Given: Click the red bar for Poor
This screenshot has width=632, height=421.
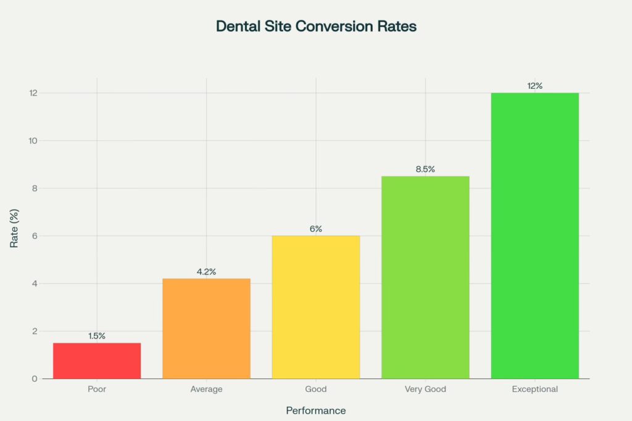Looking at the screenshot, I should [97, 361].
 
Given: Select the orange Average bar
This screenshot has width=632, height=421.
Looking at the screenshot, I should [206, 328].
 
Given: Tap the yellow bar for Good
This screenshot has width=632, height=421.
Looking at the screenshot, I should [316, 307].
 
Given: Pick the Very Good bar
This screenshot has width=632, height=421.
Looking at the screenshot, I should [425, 277].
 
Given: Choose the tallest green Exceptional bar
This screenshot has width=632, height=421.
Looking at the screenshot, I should [534, 235].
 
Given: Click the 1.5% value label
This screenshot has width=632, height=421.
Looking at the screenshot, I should [97, 336].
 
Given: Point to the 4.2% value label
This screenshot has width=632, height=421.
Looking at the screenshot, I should [206, 272].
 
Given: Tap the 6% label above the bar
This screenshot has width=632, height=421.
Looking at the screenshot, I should [316, 229].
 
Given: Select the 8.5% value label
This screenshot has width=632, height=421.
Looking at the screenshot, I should [425, 169].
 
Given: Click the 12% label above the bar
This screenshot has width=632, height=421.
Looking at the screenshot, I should [534, 86].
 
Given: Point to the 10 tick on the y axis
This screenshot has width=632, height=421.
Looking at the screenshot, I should [33, 141].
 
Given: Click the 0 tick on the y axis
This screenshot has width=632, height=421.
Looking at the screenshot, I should [35, 378].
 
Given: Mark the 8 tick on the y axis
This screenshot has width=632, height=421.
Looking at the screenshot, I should [35, 188].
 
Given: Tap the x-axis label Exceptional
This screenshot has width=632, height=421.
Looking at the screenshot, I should [534, 390].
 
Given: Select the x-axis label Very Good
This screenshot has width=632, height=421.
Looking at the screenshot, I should [425, 390].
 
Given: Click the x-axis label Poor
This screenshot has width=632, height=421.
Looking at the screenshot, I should [97, 390].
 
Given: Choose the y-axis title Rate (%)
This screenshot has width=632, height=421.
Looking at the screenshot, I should [14, 235].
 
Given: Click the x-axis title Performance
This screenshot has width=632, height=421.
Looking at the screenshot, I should [315, 411].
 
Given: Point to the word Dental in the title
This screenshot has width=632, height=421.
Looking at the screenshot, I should [237, 27].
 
